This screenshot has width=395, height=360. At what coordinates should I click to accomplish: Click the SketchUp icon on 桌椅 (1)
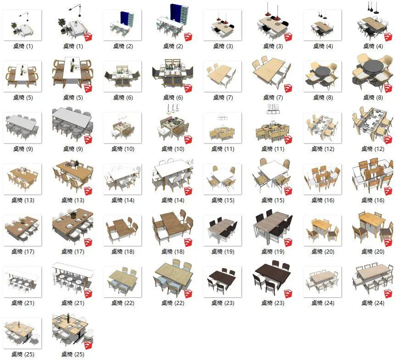[x=88, y=37]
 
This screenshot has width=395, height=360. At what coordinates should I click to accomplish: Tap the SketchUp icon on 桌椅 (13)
[x=88, y=191]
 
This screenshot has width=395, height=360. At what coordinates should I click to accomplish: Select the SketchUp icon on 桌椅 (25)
[x=88, y=345]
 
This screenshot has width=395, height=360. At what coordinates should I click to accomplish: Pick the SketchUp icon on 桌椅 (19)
[x=288, y=243]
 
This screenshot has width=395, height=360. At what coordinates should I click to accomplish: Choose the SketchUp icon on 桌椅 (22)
[x=188, y=294]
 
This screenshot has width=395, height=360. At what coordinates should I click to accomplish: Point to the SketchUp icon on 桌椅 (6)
[x=188, y=89]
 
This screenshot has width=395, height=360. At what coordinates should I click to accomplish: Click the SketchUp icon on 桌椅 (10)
[x=188, y=140]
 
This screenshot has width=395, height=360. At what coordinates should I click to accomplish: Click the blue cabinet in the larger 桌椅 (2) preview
[x=176, y=13]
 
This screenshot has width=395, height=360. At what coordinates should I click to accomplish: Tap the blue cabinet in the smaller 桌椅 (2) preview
[x=124, y=18]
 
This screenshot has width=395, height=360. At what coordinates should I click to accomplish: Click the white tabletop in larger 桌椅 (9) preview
[x=72, y=118]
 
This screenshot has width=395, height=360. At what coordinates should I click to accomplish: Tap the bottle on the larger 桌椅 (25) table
[x=68, y=318]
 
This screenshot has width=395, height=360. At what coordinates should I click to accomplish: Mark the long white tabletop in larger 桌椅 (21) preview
[x=73, y=268]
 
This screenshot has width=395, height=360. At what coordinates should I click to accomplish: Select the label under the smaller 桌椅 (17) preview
[x=22, y=251]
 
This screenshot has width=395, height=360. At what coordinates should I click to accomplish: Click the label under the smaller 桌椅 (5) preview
[x=23, y=97]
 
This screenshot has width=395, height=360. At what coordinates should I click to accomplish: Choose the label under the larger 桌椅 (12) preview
[x=373, y=149]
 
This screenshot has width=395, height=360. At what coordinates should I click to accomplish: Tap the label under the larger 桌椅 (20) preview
[x=373, y=251]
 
